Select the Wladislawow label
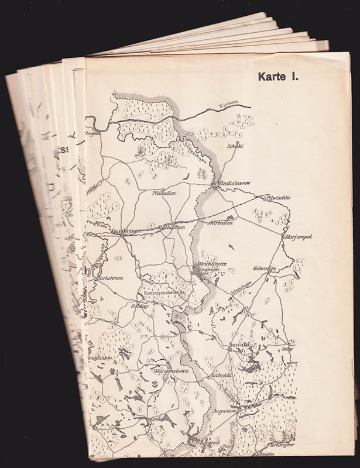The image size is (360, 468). tap(235, 183)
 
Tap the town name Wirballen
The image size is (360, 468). tap(221, 223)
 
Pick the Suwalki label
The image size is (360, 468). tap(240, 345)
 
